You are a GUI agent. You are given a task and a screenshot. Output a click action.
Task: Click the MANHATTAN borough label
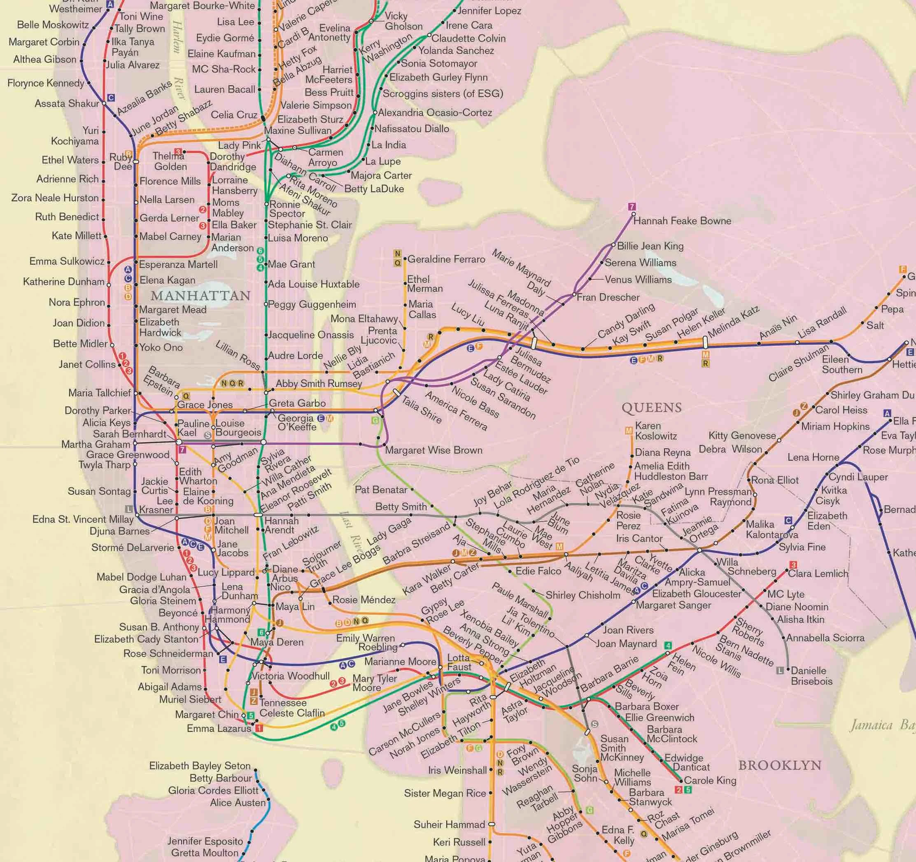click(200, 296)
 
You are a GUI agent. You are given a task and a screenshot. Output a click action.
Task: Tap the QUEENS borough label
click(652, 408)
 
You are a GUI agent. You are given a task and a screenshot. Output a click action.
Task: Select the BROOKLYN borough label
click(780, 765)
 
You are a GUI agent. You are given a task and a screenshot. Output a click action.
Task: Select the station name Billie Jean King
click(650, 246)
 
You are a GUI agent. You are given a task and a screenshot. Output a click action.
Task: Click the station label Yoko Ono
click(161, 347)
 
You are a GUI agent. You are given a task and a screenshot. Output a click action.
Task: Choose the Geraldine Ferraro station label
click(446, 259)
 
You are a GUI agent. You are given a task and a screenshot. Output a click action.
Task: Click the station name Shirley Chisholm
click(583, 595)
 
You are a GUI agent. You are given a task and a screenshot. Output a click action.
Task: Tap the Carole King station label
click(710, 780)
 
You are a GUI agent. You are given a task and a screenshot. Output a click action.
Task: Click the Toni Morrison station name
click(171, 670)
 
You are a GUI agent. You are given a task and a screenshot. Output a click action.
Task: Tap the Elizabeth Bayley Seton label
click(200, 766)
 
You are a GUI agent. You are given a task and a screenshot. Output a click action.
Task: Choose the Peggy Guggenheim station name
click(312, 305)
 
